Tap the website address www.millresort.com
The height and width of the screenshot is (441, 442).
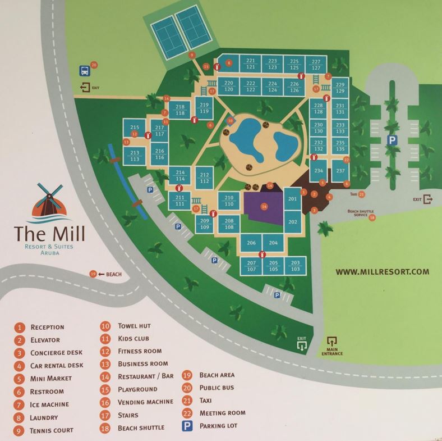[382, 271]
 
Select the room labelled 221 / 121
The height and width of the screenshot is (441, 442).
[251, 63]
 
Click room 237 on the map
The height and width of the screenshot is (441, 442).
[340, 171]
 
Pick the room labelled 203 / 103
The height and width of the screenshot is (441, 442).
[296, 266]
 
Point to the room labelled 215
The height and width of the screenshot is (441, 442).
[135, 128]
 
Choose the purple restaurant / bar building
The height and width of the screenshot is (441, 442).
[264, 205]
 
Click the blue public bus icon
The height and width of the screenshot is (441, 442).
[84, 71]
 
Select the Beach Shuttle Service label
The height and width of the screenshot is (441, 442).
[357, 214]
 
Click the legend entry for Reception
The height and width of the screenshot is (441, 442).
[47, 327]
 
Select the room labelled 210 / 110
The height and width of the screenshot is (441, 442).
[229, 201]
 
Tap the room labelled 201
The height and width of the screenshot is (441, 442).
[292, 199]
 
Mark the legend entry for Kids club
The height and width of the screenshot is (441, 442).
[135, 338]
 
